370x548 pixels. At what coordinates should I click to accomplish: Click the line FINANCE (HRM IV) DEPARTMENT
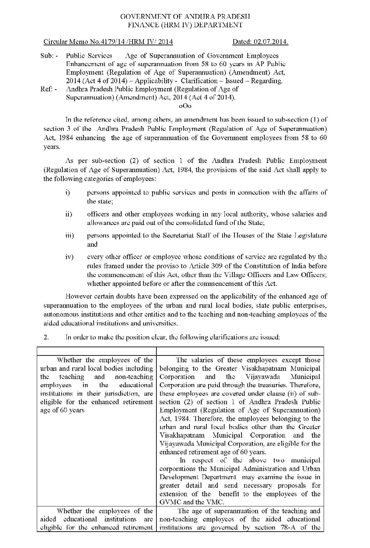click(x=185, y=25)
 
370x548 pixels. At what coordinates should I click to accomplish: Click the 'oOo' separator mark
click(x=185, y=106)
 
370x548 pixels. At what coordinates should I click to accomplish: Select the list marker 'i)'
click(x=67, y=193)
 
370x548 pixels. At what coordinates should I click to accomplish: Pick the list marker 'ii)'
click(x=68, y=214)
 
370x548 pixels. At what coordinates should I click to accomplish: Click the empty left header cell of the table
click(x=96, y=351)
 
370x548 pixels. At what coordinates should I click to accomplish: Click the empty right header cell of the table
click(x=240, y=351)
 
